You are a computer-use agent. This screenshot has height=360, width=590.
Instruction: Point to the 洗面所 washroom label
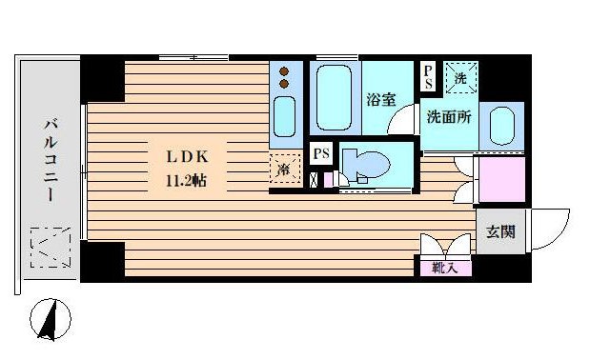coord(448,119)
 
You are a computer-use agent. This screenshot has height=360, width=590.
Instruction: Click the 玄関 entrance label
coord(499,230)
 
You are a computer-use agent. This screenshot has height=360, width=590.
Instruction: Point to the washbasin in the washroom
coord(501,126)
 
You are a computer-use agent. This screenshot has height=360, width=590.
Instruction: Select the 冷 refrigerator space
coord(284,170)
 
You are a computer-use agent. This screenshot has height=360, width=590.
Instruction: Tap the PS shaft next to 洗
coord(429,76)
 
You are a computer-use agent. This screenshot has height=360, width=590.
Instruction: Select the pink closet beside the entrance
coord(501,178)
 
